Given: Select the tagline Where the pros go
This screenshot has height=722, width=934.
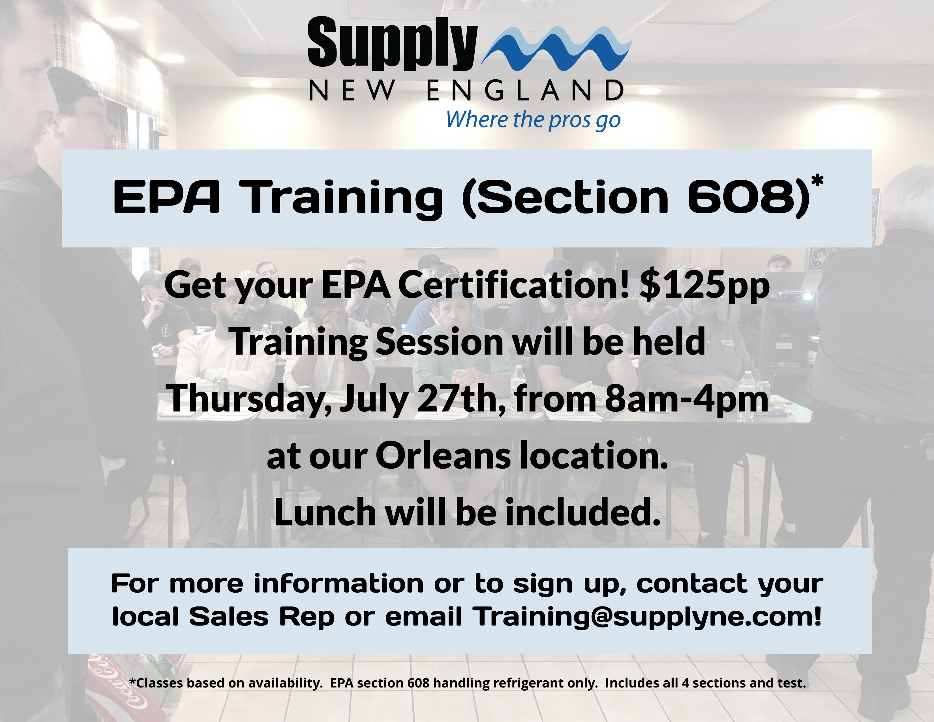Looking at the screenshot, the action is coord(533,120).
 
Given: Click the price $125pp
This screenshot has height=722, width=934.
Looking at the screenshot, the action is coord(704,286).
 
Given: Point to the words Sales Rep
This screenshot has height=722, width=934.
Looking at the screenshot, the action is coord(262,617).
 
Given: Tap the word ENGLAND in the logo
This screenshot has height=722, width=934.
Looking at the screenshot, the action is coord(525,90).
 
